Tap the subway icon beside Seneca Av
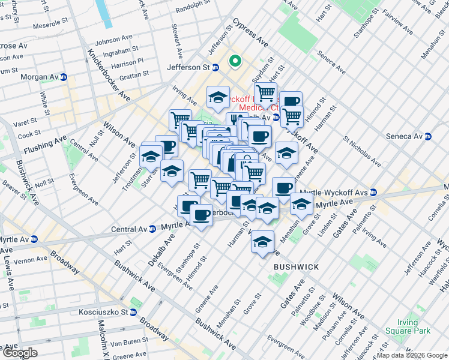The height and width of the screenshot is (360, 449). (428, 136)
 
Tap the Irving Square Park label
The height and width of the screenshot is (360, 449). (415, 326)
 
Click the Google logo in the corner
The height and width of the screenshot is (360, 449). (19, 353)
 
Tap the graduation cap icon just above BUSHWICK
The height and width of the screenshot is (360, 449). (262, 242)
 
